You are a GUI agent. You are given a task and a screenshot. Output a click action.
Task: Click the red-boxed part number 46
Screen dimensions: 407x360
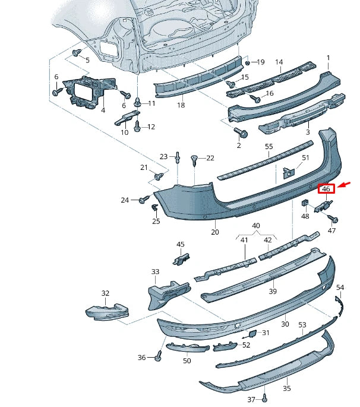[326, 189]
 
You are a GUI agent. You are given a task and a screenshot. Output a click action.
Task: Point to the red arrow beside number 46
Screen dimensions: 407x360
[344, 185]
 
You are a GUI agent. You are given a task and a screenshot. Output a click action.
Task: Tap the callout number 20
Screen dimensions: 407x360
[214, 232]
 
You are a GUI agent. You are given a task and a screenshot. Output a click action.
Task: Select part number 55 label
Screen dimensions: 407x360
[269, 146]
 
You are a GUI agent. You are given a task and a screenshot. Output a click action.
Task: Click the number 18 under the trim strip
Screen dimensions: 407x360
[181, 105]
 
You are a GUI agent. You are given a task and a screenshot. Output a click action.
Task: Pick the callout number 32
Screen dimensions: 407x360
[105, 293]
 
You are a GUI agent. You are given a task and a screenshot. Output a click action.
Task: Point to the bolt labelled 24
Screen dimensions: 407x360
[143, 201]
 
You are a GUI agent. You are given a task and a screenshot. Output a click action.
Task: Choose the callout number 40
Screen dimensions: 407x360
[256, 226]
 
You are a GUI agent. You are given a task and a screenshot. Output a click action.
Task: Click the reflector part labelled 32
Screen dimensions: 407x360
[106, 311]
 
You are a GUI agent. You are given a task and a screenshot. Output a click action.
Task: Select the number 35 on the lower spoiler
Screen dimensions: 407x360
[286, 389]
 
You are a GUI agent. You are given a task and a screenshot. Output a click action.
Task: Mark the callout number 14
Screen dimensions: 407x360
[279, 62]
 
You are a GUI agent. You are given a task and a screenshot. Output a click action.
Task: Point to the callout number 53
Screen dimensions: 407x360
[302, 325]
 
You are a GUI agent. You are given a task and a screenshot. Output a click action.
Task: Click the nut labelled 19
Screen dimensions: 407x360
[247, 62]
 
